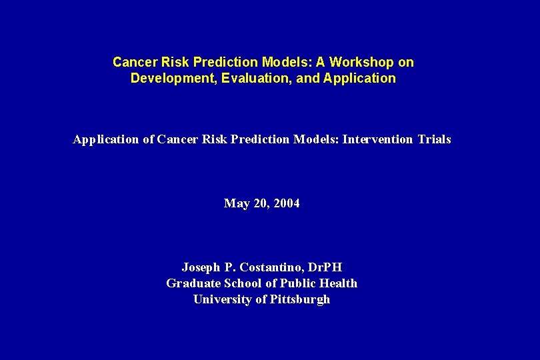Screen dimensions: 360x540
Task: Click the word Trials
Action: (x=434, y=139)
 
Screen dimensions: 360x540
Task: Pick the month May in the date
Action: (x=236, y=203)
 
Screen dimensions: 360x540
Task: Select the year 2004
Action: (x=286, y=203)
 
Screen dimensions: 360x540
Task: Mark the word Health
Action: (x=339, y=283)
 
